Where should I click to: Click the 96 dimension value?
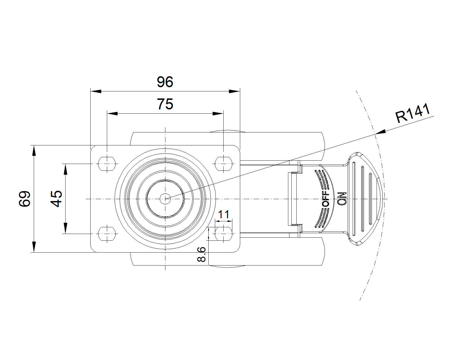click(x=165, y=82)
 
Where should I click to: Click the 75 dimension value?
click(x=165, y=104)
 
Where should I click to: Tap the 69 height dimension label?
click(x=25, y=199)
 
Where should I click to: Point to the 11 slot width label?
click(x=224, y=215)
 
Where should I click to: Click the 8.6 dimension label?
click(x=202, y=255)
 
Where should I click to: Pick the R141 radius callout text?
click(x=413, y=114)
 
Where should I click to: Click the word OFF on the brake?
click(x=325, y=199)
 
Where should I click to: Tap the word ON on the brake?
click(x=341, y=199)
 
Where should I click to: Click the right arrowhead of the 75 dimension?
click(x=218, y=114)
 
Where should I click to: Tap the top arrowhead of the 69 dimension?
click(x=34, y=150)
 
